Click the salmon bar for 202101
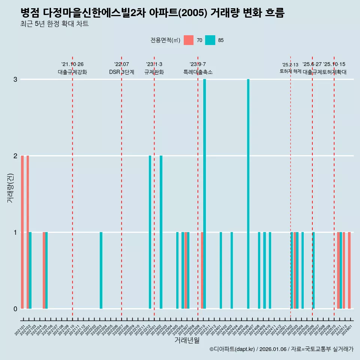(x=22, y=232)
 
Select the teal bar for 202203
(x=101, y=270)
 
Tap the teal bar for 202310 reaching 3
(x=204, y=194)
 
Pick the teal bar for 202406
(x=248, y=194)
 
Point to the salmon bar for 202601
(x=349, y=270)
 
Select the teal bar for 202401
(x=221, y=270)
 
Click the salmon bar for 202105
(x=44, y=270)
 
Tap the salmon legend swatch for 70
(x=189, y=40)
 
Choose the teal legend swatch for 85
(x=210, y=40)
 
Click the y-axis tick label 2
(x=15, y=156)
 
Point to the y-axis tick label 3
(x=15, y=79)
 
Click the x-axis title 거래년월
(x=187, y=340)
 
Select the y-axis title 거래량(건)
(x=10, y=187)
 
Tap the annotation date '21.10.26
(x=72, y=64)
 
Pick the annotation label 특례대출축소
(x=198, y=72)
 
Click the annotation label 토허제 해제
(x=290, y=71)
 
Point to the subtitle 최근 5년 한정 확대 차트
(x=55, y=24)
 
